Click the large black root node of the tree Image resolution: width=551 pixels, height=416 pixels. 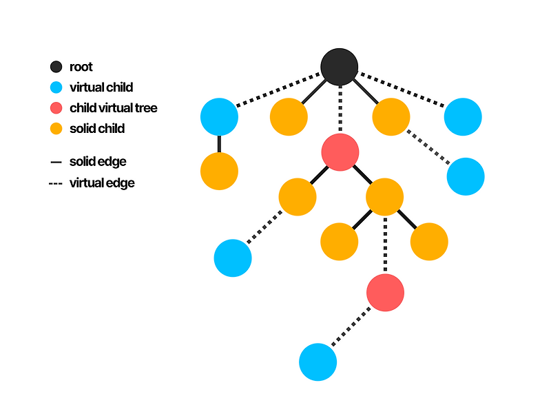pos(340,67)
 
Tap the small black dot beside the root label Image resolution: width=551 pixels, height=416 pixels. pos(56,67)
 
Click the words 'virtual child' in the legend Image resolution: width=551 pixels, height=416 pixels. pos(101,87)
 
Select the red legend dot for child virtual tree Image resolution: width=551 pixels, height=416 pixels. pos(56,108)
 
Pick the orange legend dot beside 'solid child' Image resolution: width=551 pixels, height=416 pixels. pos(56,129)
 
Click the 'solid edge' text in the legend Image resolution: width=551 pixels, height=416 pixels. pos(97,162)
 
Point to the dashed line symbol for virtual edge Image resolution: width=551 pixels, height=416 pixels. pos(56,184)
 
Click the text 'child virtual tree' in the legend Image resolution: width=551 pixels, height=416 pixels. pos(113,108)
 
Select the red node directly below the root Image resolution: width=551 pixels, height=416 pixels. pos(340,152)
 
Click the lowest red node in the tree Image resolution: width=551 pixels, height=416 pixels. pos(385,292)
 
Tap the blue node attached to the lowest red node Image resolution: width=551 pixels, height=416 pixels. pos(318,362)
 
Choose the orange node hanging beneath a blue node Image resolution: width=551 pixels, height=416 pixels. pos(219,171)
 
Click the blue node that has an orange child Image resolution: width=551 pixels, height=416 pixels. pos(219,116)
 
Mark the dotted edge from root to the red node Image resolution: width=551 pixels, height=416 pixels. pos(340,110)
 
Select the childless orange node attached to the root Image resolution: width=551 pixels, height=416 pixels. pos(288,117)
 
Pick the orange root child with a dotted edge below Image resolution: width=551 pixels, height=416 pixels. pos(391,116)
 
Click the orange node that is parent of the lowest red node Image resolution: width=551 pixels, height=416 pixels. pos(384,197)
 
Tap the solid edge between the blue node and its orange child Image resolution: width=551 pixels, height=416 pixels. pos(219,143)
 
